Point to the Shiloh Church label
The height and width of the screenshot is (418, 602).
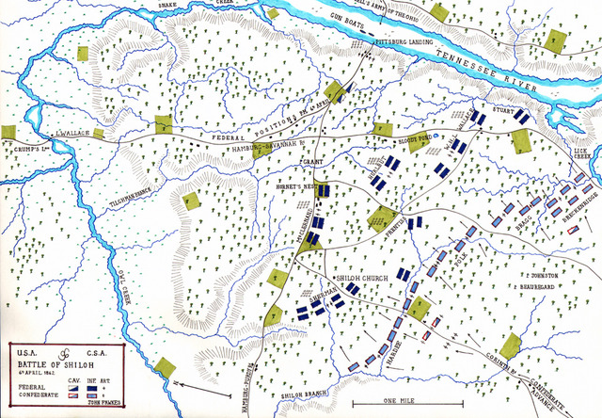[x=357, y=280]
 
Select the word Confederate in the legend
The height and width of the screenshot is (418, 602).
[x=36, y=384]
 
